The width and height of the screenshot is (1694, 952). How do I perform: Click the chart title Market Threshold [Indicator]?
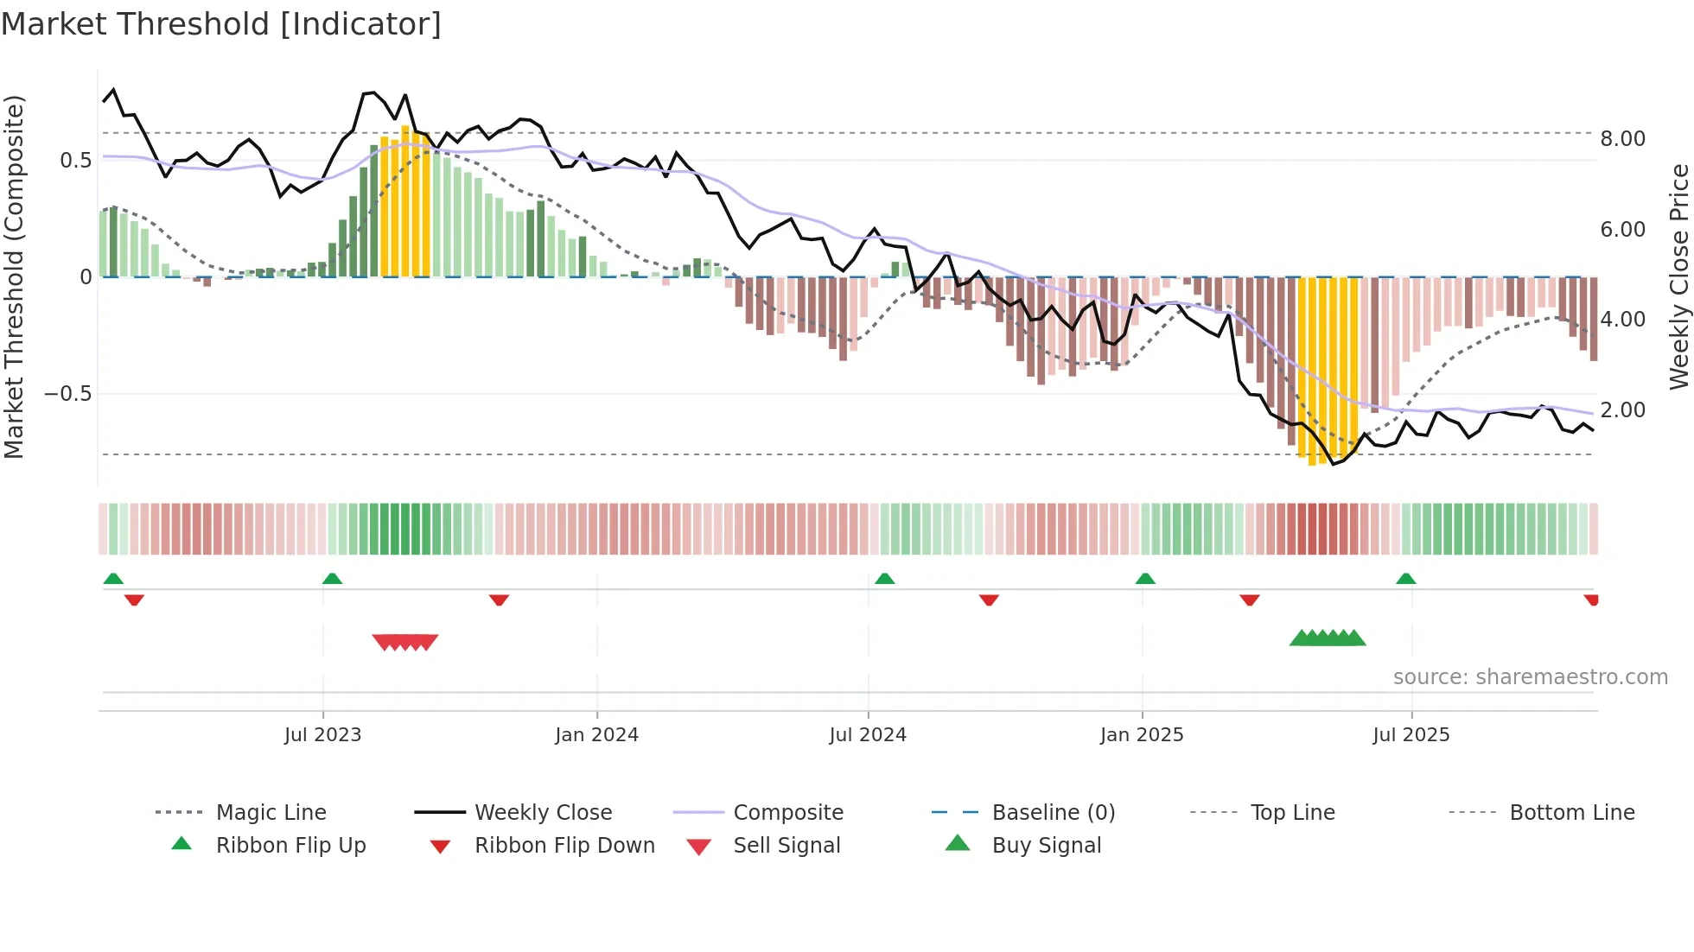(x=221, y=24)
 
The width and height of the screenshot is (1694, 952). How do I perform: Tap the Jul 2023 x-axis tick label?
(x=322, y=735)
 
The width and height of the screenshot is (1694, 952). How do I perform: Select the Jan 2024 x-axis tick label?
(x=596, y=735)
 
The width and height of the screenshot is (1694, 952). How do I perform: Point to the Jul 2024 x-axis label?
(x=868, y=735)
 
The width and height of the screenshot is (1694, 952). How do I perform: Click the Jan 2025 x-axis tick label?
(x=1142, y=735)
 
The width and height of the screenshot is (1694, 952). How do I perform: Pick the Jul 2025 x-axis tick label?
(x=1411, y=735)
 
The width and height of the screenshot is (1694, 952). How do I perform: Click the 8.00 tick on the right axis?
(x=1622, y=139)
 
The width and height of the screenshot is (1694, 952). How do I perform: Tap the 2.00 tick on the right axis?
(x=1622, y=410)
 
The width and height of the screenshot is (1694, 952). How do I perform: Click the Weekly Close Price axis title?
(x=1678, y=276)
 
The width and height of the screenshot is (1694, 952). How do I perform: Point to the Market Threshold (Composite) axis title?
(x=14, y=276)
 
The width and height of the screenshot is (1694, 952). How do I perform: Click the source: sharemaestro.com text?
(x=1530, y=677)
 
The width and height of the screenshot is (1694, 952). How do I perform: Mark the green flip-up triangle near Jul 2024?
(x=884, y=579)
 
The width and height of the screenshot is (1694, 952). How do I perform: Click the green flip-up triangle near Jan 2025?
(x=1145, y=579)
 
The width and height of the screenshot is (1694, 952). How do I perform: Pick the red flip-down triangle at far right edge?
(x=1591, y=600)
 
